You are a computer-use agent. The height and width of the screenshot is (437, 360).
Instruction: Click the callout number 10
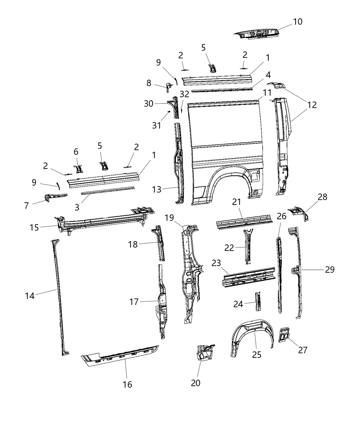coord(298,22)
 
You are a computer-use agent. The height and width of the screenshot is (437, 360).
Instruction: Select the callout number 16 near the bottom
coord(127,384)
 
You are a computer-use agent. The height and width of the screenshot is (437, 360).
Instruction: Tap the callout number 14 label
coord(30,295)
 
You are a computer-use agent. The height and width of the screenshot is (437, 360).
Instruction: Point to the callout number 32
coord(184,94)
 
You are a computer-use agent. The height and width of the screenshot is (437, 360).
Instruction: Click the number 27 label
coord(302,350)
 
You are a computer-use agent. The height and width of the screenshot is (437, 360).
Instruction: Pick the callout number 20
coord(195,383)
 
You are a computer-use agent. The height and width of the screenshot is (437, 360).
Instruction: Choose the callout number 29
coord(329,270)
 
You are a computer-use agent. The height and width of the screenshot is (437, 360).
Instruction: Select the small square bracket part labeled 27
coord(285,334)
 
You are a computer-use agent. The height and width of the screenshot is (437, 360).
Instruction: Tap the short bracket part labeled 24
coord(257,301)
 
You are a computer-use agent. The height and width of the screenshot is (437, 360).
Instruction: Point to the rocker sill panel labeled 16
coord(120,354)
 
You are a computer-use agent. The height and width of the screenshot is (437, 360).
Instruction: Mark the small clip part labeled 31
coord(169,112)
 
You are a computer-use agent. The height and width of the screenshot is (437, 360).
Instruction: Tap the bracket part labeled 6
coord(79,168)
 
